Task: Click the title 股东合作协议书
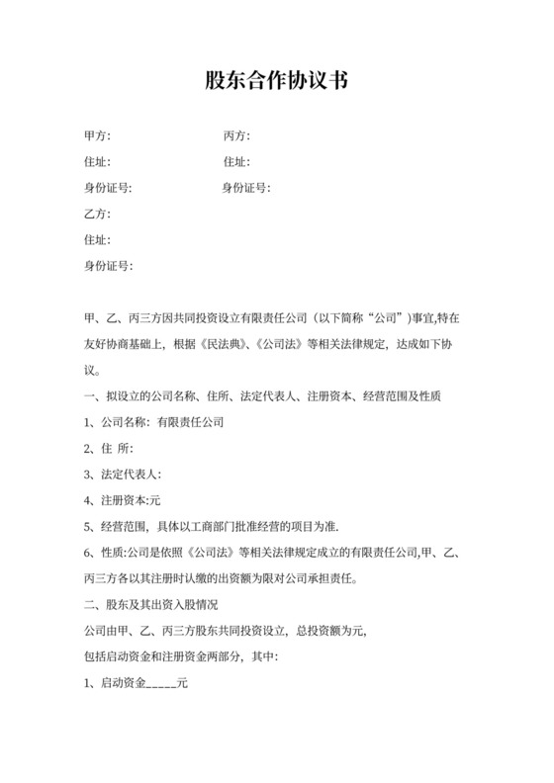pyautogui.click(x=276, y=81)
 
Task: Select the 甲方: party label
pyautogui.click(x=97, y=136)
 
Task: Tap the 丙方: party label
pyautogui.click(x=236, y=136)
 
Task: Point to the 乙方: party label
pyautogui.click(x=97, y=214)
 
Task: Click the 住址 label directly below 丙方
pyautogui.click(x=236, y=162)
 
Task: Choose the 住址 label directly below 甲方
pyautogui.click(x=97, y=162)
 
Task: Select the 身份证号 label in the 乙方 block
pyautogui.click(x=108, y=265)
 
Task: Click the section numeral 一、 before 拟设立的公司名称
pyautogui.click(x=92, y=396)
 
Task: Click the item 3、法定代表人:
pyautogui.click(x=123, y=474)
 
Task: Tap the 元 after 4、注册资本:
pyautogui.click(x=155, y=499)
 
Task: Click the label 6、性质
pyautogui.click(x=104, y=551)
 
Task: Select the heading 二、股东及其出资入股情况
pyautogui.click(x=150, y=603)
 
